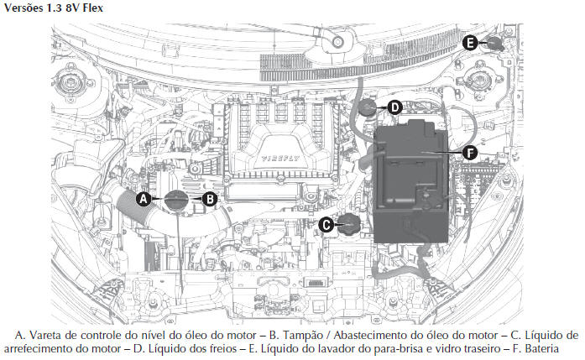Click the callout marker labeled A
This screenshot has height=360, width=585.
click(144, 199)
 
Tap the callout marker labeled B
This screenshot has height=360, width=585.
click(210, 199)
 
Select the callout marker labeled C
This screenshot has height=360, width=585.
click(326, 225)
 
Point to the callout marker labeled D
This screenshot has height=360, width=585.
click(394, 107)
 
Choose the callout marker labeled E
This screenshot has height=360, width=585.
click(470, 43)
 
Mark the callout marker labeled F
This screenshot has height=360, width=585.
click(469, 153)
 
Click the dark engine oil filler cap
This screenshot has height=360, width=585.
click(177, 200)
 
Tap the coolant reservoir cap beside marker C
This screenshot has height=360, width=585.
click(349, 224)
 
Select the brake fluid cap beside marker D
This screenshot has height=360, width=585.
click(367, 108)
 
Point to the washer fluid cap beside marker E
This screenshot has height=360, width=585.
click(495, 43)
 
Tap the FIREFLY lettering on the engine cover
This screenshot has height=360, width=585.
click(280, 158)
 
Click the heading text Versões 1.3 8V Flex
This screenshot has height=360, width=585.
click(54, 8)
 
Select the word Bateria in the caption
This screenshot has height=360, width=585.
click(541, 349)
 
